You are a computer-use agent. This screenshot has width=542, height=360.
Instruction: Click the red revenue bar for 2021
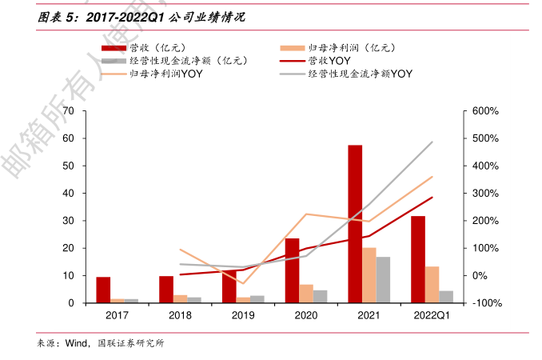point(355,224)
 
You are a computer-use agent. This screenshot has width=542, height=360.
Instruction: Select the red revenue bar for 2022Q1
point(417,259)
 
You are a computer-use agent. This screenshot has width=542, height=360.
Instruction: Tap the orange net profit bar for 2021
point(369,275)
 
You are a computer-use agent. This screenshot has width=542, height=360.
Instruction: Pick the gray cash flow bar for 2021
point(383,280)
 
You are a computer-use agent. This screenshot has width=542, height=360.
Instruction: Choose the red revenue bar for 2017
point(103,290)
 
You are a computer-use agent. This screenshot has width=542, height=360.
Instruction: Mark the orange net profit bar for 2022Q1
point(432,285)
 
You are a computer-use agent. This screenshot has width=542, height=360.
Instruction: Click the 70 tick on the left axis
point(68,110)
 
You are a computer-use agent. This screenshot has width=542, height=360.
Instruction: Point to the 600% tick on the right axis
point(485,110)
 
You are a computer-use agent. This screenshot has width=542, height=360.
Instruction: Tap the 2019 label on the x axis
point(242,316)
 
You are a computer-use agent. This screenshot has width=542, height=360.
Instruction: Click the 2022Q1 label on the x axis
point(432,316)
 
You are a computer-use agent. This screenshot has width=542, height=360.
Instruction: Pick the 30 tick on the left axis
point(68,221)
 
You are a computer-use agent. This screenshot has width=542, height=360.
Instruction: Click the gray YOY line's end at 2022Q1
point(432,142)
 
